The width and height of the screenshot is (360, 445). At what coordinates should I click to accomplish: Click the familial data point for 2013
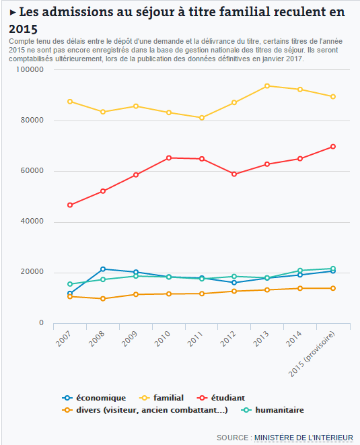267,86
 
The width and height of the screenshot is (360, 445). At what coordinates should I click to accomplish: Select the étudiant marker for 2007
70,205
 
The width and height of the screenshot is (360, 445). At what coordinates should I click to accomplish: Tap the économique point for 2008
103,269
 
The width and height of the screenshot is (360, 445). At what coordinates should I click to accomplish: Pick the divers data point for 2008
103,298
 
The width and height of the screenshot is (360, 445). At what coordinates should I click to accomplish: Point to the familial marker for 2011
202,118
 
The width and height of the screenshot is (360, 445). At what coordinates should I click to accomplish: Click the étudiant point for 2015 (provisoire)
333,147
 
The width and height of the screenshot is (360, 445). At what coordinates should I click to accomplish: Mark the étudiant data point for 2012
234,174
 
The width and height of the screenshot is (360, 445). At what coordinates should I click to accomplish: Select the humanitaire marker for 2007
70,284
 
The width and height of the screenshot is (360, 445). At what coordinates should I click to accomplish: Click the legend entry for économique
94,398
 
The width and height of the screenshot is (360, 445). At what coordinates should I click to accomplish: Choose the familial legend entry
161,398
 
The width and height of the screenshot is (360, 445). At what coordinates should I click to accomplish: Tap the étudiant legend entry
221,398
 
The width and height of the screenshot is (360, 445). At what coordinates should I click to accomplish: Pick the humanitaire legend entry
273,410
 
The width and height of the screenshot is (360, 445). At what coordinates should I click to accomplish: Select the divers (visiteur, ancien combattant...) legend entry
145,410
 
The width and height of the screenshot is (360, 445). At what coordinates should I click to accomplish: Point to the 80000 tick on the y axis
32,121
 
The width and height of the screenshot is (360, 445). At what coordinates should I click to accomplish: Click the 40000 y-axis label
32,221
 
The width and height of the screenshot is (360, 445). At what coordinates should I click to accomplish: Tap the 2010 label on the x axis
162,339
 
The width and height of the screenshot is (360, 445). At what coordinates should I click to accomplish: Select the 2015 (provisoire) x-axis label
312,354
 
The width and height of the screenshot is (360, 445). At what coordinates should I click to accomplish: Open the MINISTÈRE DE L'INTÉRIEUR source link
303,438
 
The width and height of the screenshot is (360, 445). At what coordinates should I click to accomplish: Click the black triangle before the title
13,13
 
